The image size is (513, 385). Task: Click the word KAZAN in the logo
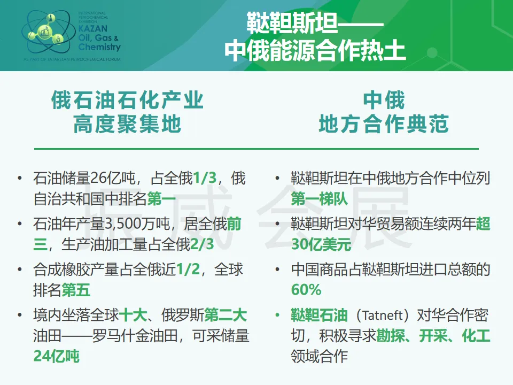coord(93,28)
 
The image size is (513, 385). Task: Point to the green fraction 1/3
coord(205,178)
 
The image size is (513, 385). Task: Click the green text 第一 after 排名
coord(161,199)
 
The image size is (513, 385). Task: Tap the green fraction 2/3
coord(202,244)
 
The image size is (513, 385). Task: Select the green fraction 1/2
coord(188,269)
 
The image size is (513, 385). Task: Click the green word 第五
coord(76,290)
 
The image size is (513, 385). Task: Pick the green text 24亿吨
coord(56,356)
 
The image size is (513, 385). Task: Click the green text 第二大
coord(226,315)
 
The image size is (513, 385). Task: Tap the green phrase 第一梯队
coord(320,199)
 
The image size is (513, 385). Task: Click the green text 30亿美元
coord(321,244)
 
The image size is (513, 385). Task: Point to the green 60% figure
coord(306,290)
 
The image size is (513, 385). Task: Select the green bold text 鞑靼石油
coord(320,315)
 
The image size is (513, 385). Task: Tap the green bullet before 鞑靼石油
coord(277,315)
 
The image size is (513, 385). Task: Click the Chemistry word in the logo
coord(99,47)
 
